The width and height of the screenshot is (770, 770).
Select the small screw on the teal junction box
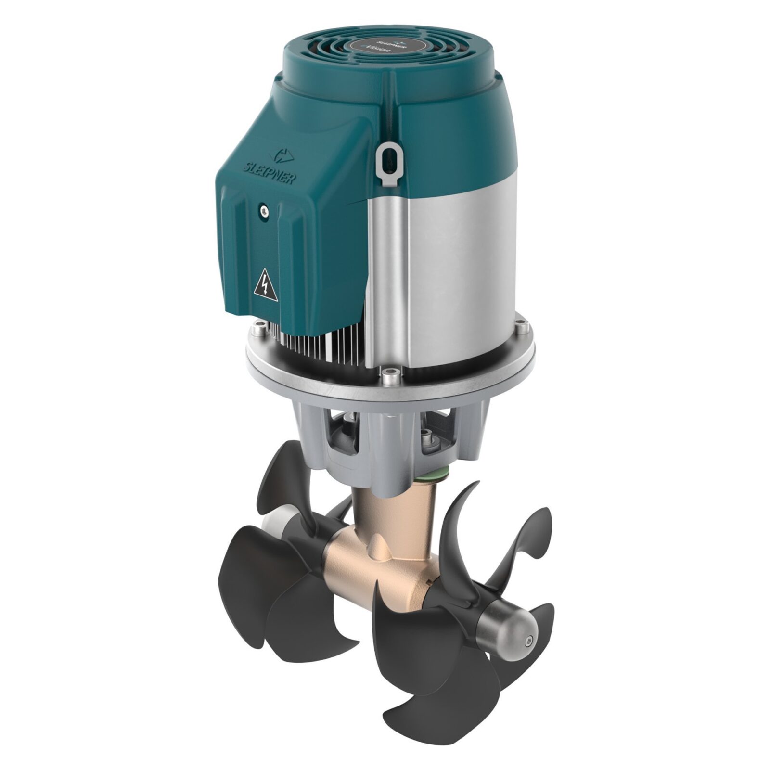click(262, 209)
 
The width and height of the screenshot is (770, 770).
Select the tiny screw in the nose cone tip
click(529, 641)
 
